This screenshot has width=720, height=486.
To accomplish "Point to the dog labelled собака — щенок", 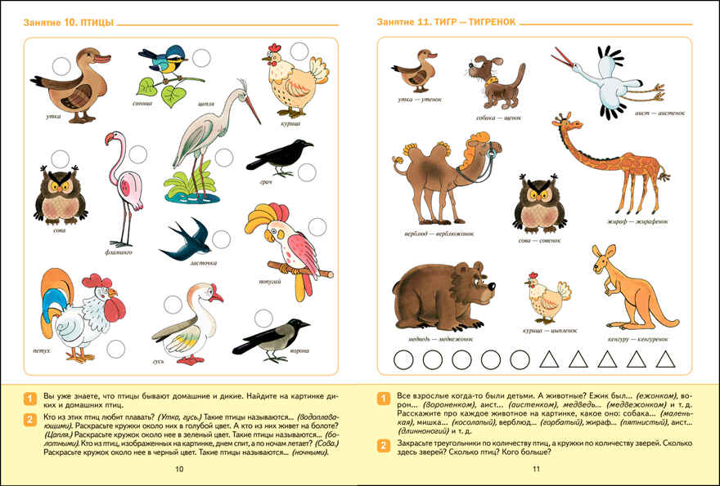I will tap(496, 81).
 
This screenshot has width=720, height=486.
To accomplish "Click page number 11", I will tap(537, 469).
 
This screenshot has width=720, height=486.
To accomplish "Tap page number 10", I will tap(180, 469).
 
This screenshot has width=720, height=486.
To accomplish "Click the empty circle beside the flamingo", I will tap(138, 154).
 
